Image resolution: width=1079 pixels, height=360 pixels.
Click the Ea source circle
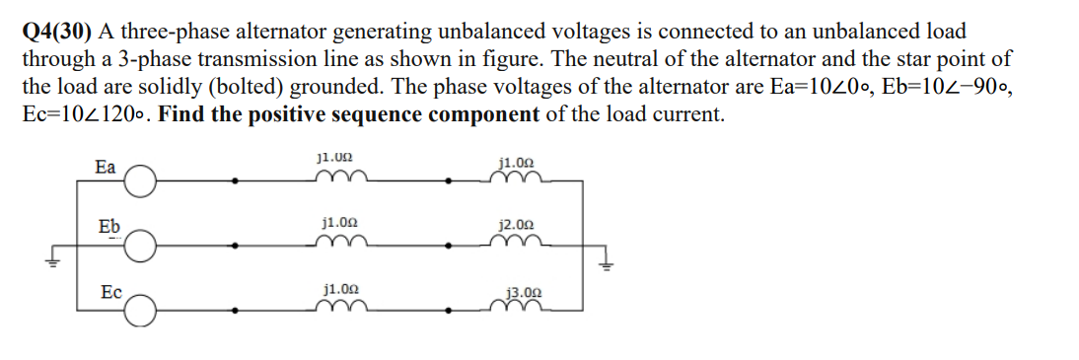pyautogui.click(x=140, y=180)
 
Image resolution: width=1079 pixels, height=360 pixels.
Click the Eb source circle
pyautogui.click(x=140, y=245)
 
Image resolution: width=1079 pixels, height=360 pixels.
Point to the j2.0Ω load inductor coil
pyautogui.click(x=519, y=242)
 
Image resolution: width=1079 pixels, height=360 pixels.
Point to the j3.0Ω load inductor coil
pyautogui.click(x=519, y=306)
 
